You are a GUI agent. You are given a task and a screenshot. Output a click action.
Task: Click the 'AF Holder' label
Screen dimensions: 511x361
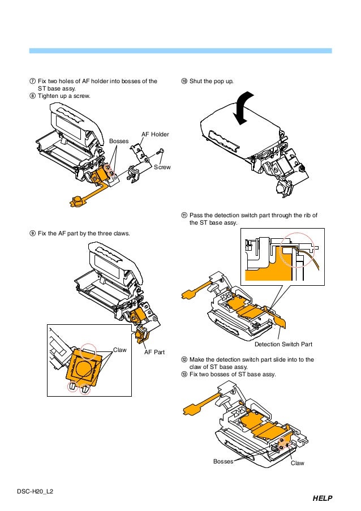(x=155, y=134)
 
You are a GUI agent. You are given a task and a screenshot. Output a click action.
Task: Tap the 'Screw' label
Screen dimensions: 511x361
(x=162, y=167)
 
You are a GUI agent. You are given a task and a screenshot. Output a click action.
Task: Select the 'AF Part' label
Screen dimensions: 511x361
(x=154, y=352)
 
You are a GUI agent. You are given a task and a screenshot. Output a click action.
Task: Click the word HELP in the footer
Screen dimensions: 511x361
(x=321, y=499)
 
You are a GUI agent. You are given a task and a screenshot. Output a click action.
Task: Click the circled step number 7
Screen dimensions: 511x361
(x=32, y=81)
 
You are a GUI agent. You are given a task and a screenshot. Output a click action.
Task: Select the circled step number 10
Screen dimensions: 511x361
(x=184, y=81)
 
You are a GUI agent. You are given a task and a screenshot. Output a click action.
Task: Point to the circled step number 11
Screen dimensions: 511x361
(x=184, y=216)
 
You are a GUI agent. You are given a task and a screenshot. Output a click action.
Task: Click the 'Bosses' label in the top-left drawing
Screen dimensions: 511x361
(x=119, y=140)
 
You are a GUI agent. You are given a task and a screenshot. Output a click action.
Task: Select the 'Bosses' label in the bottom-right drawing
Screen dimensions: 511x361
(x=223, y=462)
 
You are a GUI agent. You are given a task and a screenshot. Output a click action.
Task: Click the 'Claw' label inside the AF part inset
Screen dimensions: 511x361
(x=120, y=350)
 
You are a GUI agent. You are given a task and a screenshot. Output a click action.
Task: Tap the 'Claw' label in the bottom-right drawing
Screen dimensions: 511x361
(x=297, y=463)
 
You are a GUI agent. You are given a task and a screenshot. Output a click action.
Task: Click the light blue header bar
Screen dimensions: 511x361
(x=180, y=51)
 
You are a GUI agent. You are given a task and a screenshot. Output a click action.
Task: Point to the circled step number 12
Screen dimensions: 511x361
(x=184, y=359)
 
